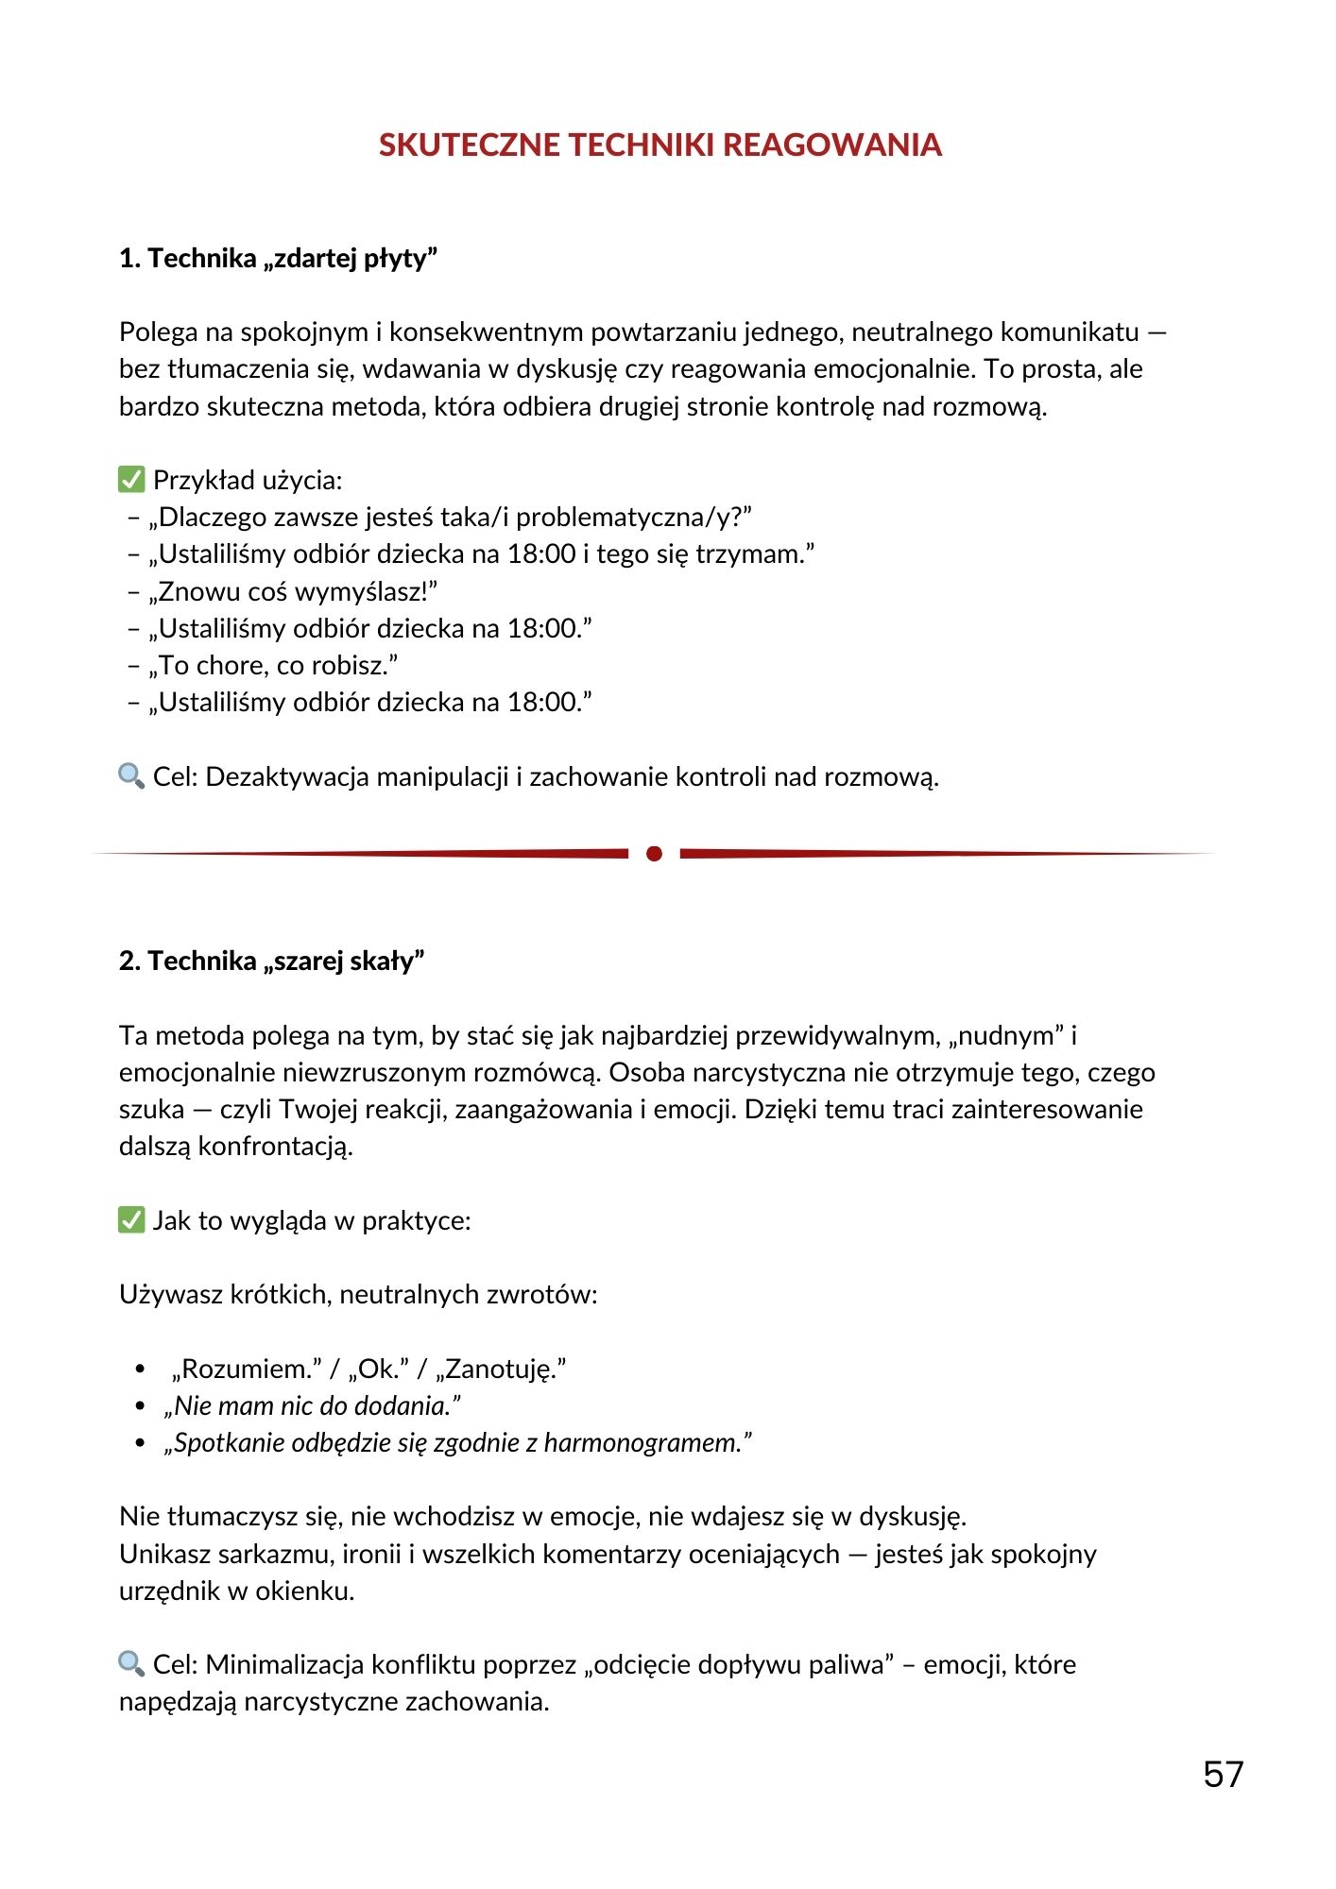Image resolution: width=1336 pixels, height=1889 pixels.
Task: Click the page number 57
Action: point(1223,1775)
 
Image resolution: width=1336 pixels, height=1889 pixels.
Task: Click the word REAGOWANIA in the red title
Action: point(832,145)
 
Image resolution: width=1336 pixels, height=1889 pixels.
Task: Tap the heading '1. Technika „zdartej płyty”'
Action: point(279,258)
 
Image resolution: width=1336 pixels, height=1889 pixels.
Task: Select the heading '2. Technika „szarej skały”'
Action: point(272,961)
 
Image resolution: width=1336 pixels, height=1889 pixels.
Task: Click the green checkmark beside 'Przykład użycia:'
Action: point(131,480)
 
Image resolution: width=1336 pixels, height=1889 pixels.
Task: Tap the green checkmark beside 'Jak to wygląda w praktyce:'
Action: point(131,1220)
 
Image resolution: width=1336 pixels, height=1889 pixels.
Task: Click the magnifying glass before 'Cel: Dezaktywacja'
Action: point(131,776)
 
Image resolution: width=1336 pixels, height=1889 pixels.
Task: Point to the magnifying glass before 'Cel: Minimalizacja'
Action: point(131,1664)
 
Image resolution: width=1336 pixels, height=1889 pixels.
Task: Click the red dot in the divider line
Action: point(654,854)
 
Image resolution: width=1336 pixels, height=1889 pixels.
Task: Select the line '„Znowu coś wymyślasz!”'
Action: point(293,591)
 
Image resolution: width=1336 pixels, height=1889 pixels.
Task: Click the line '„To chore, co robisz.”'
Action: point(273,666)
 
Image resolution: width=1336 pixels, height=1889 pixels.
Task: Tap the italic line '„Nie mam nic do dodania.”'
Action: point(313,1406)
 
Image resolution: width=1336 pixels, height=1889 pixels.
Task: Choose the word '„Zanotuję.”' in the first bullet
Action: point(501,1369)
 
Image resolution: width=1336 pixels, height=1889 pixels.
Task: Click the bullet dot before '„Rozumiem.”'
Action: point(141,1369)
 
